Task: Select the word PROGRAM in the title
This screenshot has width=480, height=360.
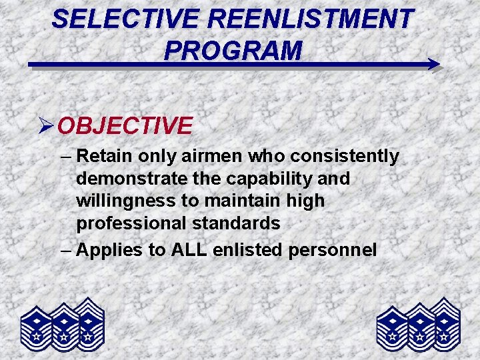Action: coord(233,50)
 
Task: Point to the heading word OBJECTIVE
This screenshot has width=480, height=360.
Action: coord(125,125)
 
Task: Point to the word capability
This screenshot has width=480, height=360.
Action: coord(270,179)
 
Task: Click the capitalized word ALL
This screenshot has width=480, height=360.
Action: coord(189,250)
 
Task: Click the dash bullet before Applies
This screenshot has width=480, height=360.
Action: coord(64,250)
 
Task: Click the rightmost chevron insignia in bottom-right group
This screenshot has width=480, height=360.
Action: coord(444,323)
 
